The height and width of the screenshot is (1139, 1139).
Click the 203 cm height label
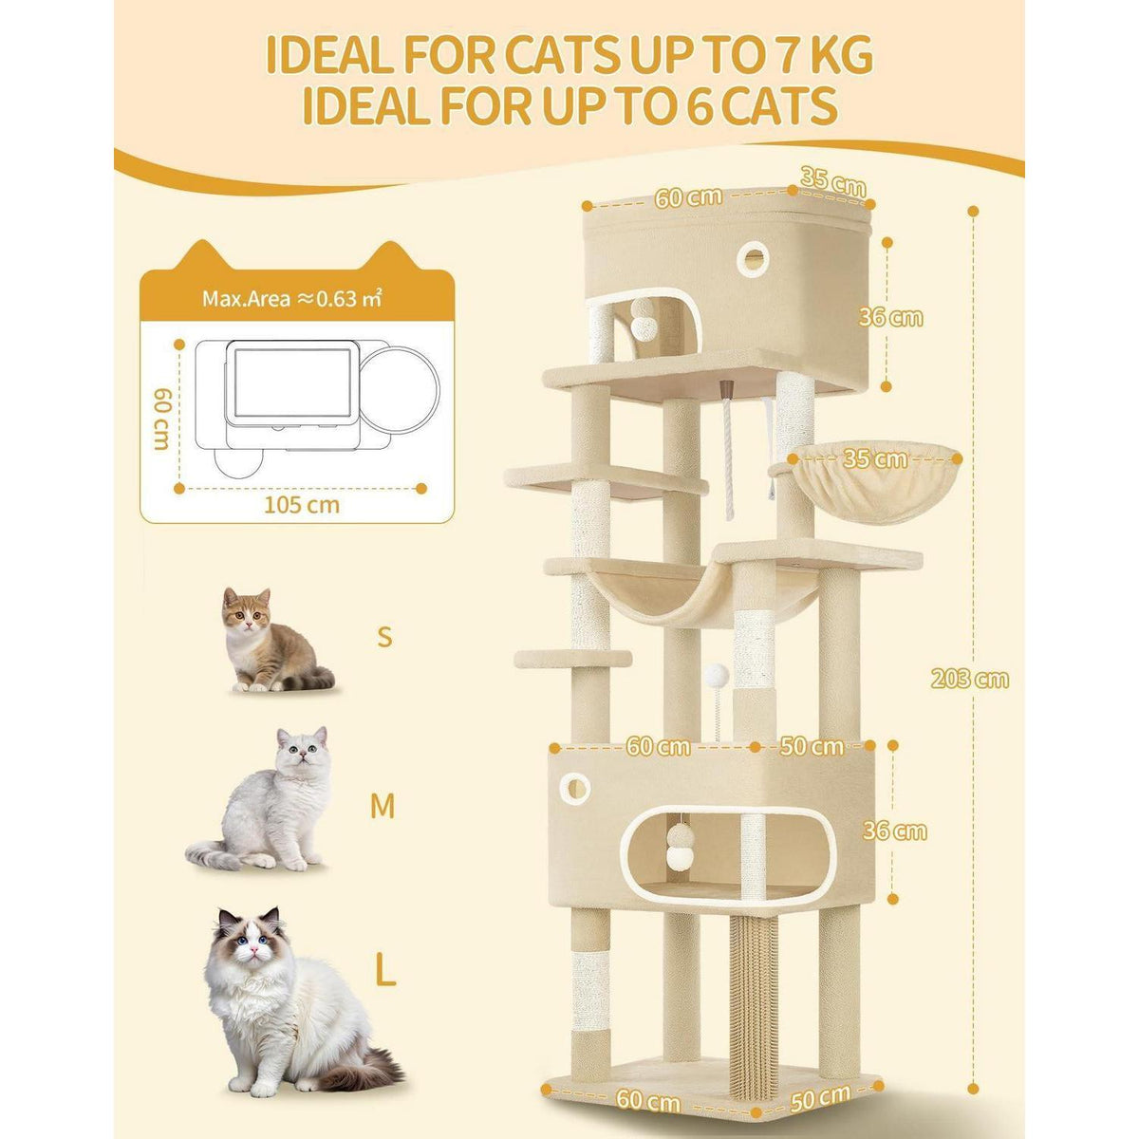[x=969, y=679]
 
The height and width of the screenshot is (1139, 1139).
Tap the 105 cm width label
[x=302, y=505]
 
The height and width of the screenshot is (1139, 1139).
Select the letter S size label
[x=384, y=637]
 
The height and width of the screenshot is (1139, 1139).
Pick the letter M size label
[x=383, y=806]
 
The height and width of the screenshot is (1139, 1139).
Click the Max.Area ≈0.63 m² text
[x=291, y=299]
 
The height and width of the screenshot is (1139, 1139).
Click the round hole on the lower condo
[x=574, y=787]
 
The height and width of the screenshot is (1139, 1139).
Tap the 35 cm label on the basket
[x=873, y=459]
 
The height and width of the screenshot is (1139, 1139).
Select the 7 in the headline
[x=797, y=57]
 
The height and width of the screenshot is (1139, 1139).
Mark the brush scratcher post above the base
[x=753, y=999]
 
